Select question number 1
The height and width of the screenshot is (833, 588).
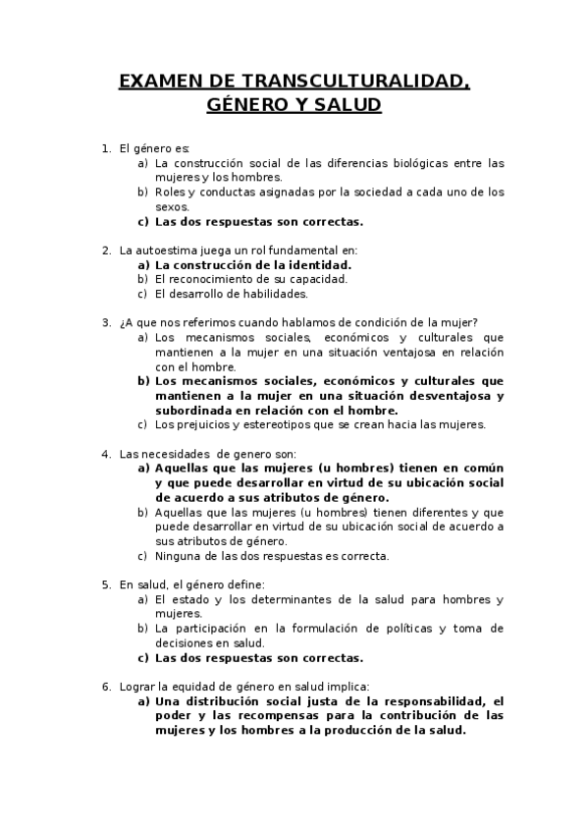(x=106, y=148)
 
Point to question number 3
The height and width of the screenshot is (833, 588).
(x=106, y=322)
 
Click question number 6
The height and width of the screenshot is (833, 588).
(x=106, y=687)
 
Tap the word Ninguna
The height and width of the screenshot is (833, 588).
(x=178, y=555)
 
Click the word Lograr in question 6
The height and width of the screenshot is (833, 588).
(x=136, y=687)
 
